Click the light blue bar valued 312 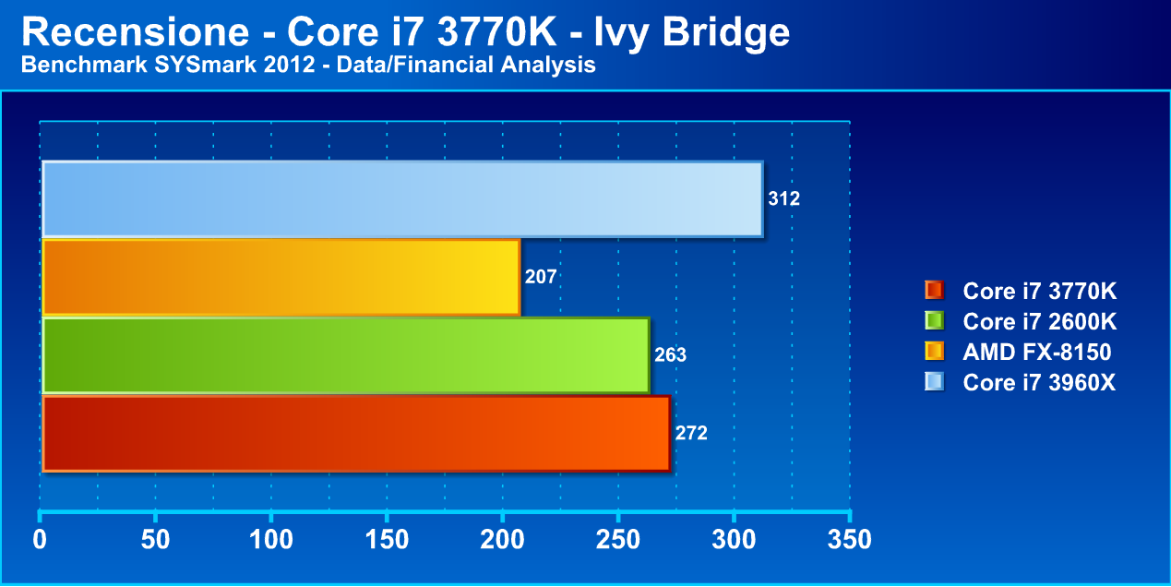pos(402,198)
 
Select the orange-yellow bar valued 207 pos(281,277)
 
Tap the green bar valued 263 pos(346,355)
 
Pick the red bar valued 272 pos(356,433)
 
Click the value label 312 pos(783,198)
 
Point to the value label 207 pos(541,277)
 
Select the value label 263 pos(670,355)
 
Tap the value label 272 pos(691,433)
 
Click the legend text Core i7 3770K pos(1040,292)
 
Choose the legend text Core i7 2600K pos(1040,322)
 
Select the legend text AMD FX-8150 pos(1037,352)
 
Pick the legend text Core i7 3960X pos(1040,382)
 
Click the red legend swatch pos(933,291)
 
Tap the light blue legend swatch pos(933,381)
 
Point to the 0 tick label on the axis pos(40,540)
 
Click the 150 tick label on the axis pos(387,540)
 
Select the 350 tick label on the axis pos(850,540)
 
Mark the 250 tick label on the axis pos(618,540)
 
